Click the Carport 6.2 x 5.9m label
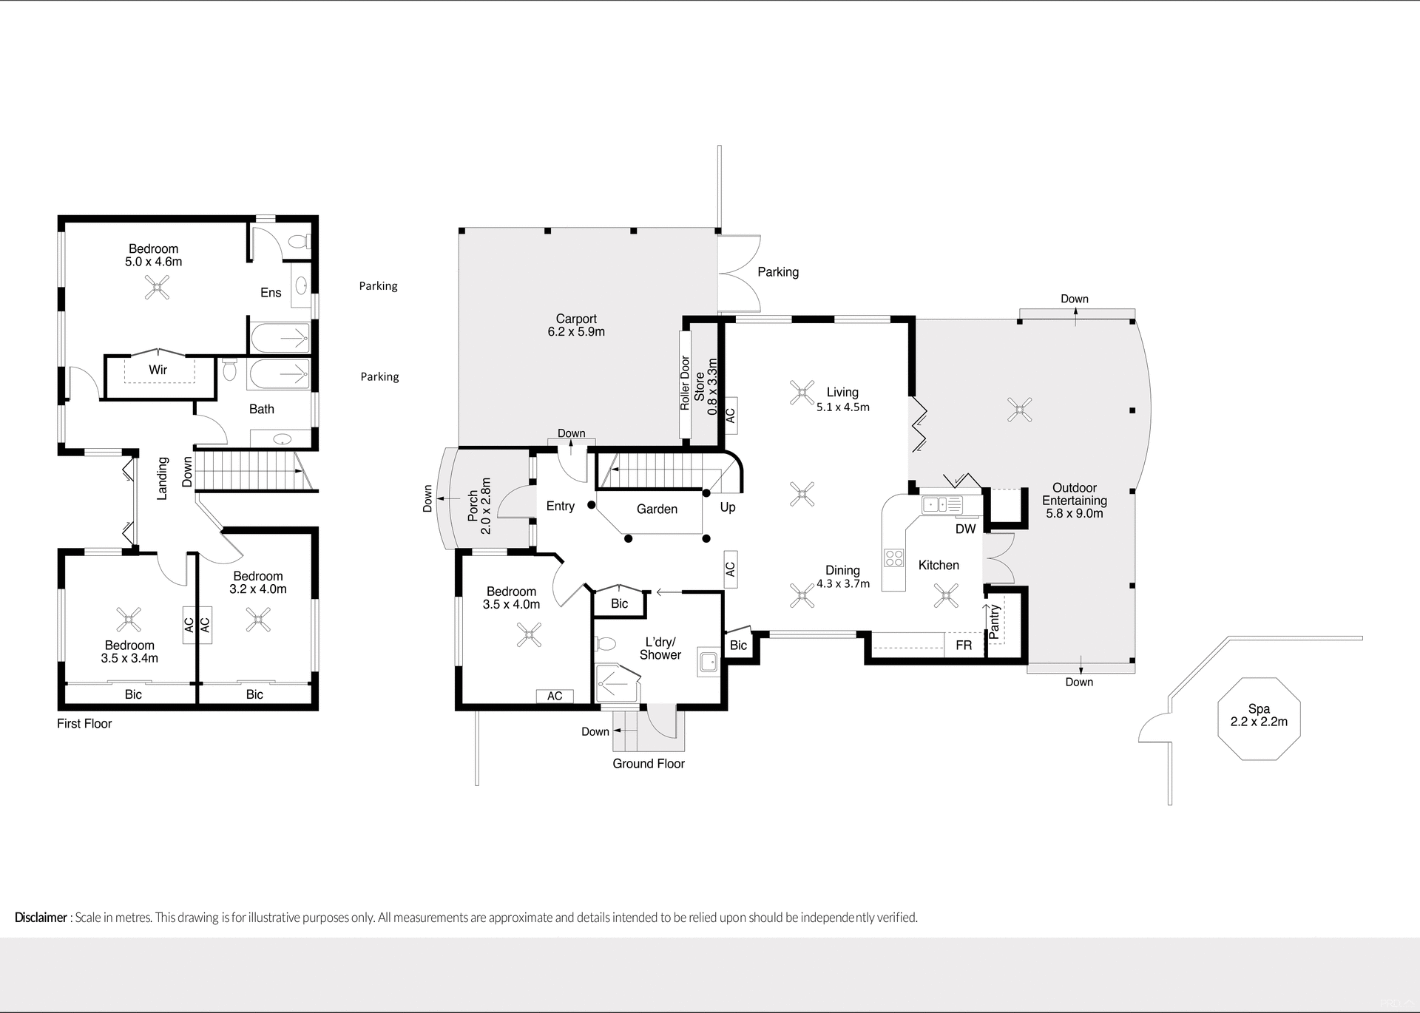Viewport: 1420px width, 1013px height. point(576,325)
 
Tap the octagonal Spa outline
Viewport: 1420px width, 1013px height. point(1259,718)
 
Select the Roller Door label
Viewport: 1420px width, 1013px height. point(685,384)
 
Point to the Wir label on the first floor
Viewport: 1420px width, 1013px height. point(158,370)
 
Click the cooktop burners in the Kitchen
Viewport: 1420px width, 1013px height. point(893,557)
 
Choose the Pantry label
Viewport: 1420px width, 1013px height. point(994,621)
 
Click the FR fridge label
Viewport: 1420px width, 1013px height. point(964,646)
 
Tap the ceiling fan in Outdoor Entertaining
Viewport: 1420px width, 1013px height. point(1020,409)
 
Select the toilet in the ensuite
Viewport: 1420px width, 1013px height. point(299,242)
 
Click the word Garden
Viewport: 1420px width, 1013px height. point(657,509)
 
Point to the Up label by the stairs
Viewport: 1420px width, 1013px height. point(728,507)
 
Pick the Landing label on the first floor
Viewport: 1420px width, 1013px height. point(163,478)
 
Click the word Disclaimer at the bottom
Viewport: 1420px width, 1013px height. point(41,918)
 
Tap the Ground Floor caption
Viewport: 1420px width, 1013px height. point(649,764)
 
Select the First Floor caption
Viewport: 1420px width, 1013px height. point(84,724)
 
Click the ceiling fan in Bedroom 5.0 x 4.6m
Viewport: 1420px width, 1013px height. point(157,287)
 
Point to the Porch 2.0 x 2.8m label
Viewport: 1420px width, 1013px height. point(479,506)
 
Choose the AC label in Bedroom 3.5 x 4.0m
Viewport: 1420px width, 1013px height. point(555,696)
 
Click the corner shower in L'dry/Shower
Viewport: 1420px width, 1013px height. point(615,684)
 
